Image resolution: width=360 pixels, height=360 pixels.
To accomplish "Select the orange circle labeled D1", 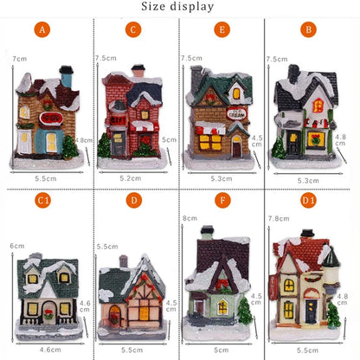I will tap(307, 201).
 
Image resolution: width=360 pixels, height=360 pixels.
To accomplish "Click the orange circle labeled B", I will tap(307, 30).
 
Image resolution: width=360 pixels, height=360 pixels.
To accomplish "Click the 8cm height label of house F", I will tap(190, 219).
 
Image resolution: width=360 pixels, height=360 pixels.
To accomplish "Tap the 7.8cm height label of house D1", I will tap(279, 219).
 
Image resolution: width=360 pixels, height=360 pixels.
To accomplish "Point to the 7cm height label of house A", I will tap(19, 58).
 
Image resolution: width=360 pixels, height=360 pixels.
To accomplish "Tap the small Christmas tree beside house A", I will tap(68, 147).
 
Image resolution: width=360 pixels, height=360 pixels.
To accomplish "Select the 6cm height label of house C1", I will tap(16, 246).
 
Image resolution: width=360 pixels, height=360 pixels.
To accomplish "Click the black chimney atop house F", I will tap(208, 232).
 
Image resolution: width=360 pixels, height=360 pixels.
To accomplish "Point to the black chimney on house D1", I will tap(306, 235).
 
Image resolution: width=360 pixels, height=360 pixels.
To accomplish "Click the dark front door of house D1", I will tap(310, 312).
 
